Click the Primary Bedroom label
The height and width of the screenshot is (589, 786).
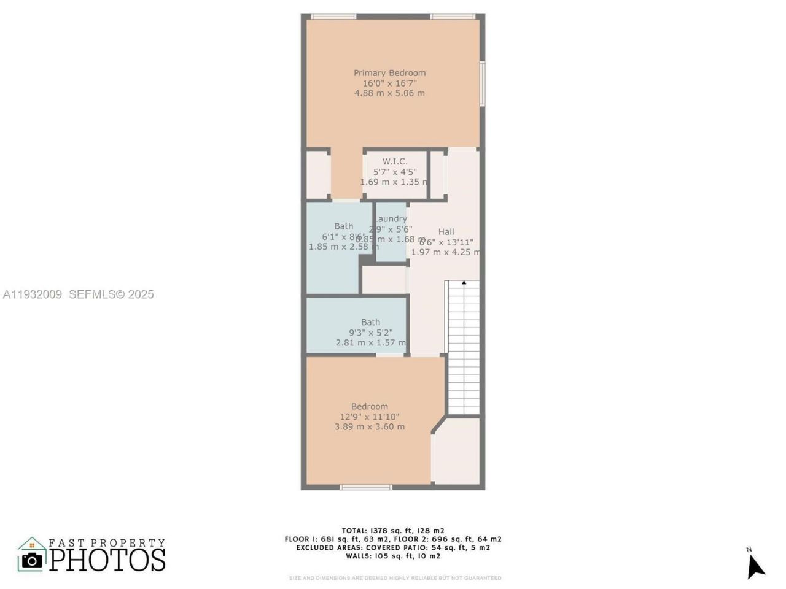(x=389, y=73)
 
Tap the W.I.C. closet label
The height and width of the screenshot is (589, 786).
(x=395, y=161)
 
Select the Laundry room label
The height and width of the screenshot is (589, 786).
(x=391, y=219)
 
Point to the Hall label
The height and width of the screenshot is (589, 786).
(x=446, y=231)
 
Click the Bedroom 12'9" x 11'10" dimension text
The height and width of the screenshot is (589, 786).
(x=370, y=417)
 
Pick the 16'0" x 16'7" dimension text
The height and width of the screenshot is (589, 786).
(x=389, y=83)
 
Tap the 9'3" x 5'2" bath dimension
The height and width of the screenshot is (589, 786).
(x=370, y=333)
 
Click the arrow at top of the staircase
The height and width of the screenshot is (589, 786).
(x=464, y=283)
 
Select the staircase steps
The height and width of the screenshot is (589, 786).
(x=464, y=350)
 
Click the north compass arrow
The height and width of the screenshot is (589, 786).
(x=755, y=566)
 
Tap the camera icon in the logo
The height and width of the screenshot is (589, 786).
(x=32, y=560)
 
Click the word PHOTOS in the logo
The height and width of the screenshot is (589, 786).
(x=107, y=560)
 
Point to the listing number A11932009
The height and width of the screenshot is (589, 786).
(x=32, y=294)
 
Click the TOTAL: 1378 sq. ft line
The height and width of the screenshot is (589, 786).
(x=393, y=531)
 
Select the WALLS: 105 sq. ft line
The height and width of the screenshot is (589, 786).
(x=393, y=556)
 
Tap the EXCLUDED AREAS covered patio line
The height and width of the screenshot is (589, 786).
(x=393, y=547)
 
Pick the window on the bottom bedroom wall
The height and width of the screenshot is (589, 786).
(x=366, y=488)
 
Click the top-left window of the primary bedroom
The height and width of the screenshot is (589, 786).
(x=333, y=17)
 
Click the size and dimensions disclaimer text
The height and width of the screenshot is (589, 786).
(x=395, y=578)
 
